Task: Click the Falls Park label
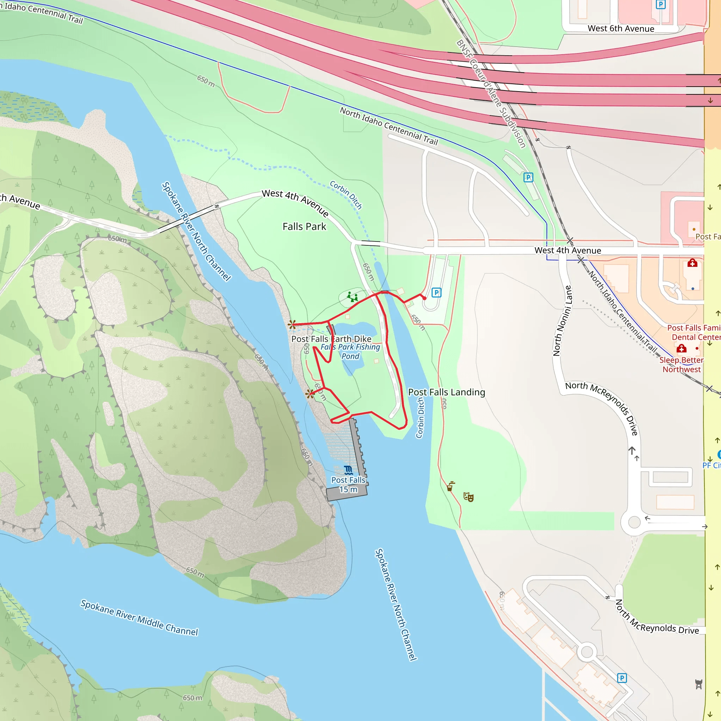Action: coord(304,226)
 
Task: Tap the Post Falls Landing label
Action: coord(446,392)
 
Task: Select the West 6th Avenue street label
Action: coord(621,29)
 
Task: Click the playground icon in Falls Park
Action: coord(352,297)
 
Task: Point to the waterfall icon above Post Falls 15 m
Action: coord(348,470)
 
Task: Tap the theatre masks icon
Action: coord(468,497)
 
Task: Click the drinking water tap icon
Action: coord(450,486)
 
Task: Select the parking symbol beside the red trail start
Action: coord(436,293)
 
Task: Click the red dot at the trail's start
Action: coord(424,298)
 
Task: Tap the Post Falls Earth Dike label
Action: coord(331,339)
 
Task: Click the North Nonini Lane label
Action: coord(562,321)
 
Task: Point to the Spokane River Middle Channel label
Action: coord(139,617)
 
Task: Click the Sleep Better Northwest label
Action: coord(681,365)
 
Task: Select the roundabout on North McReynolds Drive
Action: coord(634,522)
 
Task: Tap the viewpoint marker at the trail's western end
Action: coord(292,325)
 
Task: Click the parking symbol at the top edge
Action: coord(660,5)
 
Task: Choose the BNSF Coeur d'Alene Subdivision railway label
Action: coord(491,94)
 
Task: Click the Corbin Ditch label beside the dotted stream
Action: coord(346,194)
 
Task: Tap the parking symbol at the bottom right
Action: coord(622,678)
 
